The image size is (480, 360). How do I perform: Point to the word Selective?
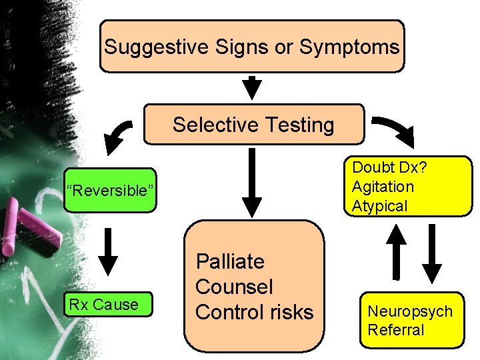[x=214, y=125]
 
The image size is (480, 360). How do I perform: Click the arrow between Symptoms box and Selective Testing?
[x=252, y=87]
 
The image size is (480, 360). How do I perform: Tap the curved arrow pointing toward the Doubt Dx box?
[x=394, y=131]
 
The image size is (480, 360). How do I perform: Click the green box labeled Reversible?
[x=110, y=191]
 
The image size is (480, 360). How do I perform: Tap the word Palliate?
[x=230, y=261]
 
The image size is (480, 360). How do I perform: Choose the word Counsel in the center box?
[x=234, y=287]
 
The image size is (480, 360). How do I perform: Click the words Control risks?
[x=254, y=312]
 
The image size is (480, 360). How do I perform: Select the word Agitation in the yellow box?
[x=383, y=187]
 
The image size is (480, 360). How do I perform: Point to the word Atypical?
[x=379, y=206]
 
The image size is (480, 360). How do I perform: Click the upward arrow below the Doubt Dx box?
[x=397, y=251]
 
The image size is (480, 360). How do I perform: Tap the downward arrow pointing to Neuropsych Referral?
[x=432, y=254]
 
